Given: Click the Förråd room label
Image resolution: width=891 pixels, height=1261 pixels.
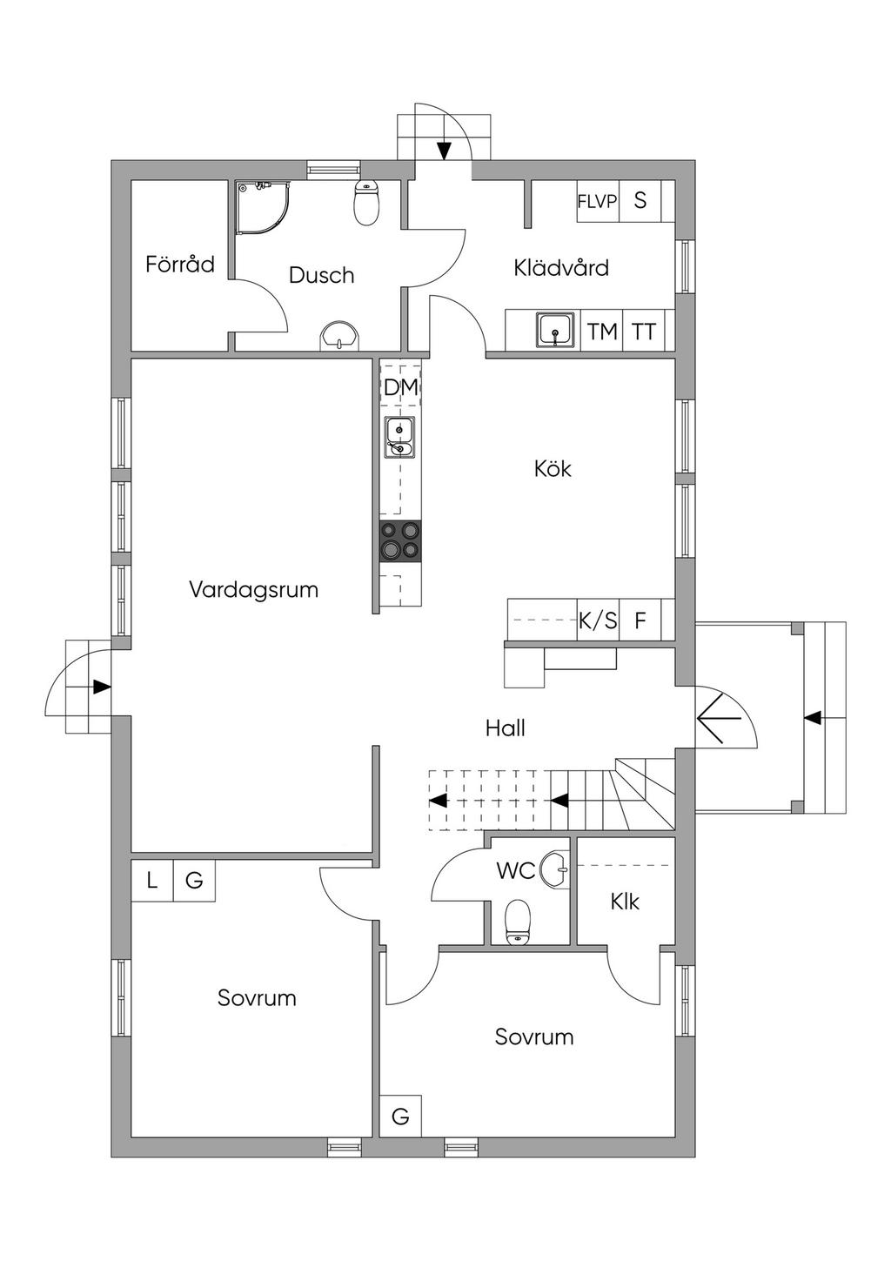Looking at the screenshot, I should coord(180,264).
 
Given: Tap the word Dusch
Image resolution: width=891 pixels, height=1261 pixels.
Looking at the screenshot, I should coord(321,275).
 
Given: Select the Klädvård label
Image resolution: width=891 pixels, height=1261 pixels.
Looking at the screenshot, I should coord(561,267).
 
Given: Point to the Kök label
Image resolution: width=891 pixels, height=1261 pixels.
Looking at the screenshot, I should coord(553,469).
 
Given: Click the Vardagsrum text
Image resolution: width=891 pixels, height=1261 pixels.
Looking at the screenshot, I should coord(253,589).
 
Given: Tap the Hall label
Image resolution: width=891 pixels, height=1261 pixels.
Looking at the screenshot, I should coord(506,728).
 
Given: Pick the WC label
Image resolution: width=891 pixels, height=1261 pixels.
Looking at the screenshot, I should coord(515,870).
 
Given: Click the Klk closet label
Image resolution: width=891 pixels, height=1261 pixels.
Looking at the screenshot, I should coord(625,902).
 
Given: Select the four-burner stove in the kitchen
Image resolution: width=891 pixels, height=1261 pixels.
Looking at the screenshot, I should coord(400,540).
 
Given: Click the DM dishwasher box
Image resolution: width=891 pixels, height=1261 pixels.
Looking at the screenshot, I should coord(400,387).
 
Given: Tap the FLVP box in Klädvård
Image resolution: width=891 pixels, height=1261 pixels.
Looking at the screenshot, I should coord(597,201).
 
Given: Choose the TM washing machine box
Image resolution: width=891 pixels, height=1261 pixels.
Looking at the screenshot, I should coord(602,331).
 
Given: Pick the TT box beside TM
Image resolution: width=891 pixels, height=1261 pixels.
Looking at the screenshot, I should coord(644,331).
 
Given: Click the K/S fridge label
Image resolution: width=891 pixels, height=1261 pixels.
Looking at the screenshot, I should coord(598,620).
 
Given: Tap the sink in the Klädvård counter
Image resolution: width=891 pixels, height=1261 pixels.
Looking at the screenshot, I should coord(555,330).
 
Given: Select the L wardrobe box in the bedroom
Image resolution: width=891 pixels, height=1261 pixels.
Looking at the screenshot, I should coord(152,881).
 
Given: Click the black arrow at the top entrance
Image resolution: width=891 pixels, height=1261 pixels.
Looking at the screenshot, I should coord(444,151).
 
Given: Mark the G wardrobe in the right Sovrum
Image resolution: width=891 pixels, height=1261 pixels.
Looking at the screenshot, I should coord(400,1116).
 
